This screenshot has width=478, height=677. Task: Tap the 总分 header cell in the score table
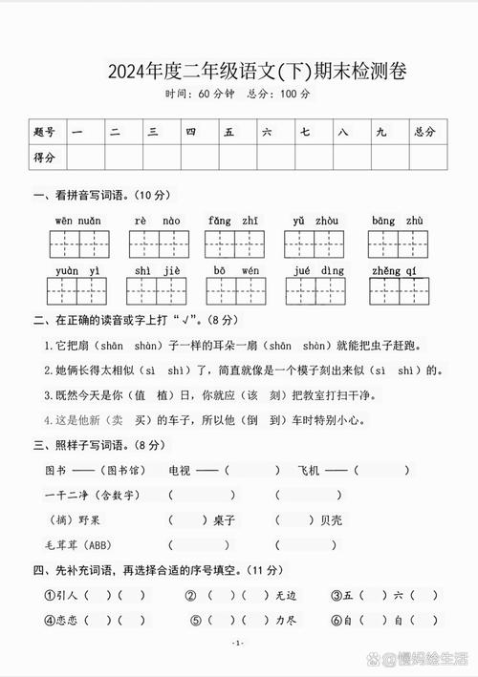tap(424, 132)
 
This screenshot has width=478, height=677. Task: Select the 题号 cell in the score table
tap(44, 132)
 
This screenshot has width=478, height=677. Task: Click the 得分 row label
tap(44, 157)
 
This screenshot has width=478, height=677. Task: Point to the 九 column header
tap(380, 132)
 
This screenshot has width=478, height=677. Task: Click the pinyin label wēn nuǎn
tap(76, 221)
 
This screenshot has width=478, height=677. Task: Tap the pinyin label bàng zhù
tap(397, 221)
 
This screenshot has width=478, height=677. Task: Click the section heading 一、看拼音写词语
tap(100, 196)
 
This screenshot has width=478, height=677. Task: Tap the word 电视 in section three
tap(180, 470)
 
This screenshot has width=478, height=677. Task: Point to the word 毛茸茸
tap(60, 545)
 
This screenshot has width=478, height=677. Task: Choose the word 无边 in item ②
tap(286, 594)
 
